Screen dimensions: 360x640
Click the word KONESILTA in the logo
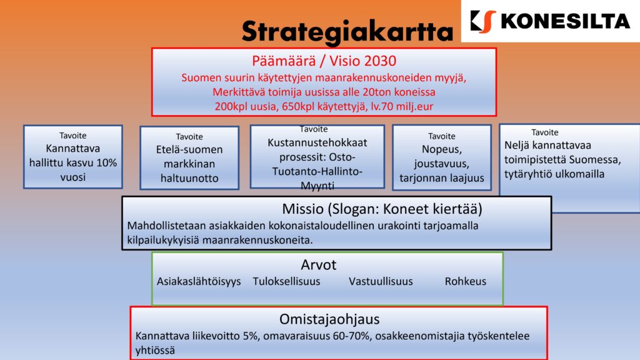(565, 21)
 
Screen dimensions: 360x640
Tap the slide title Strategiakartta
(347, 31)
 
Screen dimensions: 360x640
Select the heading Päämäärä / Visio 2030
(324, 61)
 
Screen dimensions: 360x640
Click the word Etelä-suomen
(189, 149)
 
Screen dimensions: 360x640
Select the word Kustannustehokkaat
(317, 142)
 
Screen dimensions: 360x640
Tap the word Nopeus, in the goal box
(441, 149)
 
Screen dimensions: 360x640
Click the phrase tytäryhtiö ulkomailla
(554, 174)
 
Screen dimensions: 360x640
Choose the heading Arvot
(318, 264)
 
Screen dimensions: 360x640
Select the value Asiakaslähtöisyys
(199, 281)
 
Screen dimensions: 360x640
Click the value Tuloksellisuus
(286, 281)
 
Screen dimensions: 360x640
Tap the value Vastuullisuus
(381, 281)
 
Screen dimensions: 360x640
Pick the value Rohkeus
(465, 281)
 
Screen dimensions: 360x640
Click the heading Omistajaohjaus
(329, 319)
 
